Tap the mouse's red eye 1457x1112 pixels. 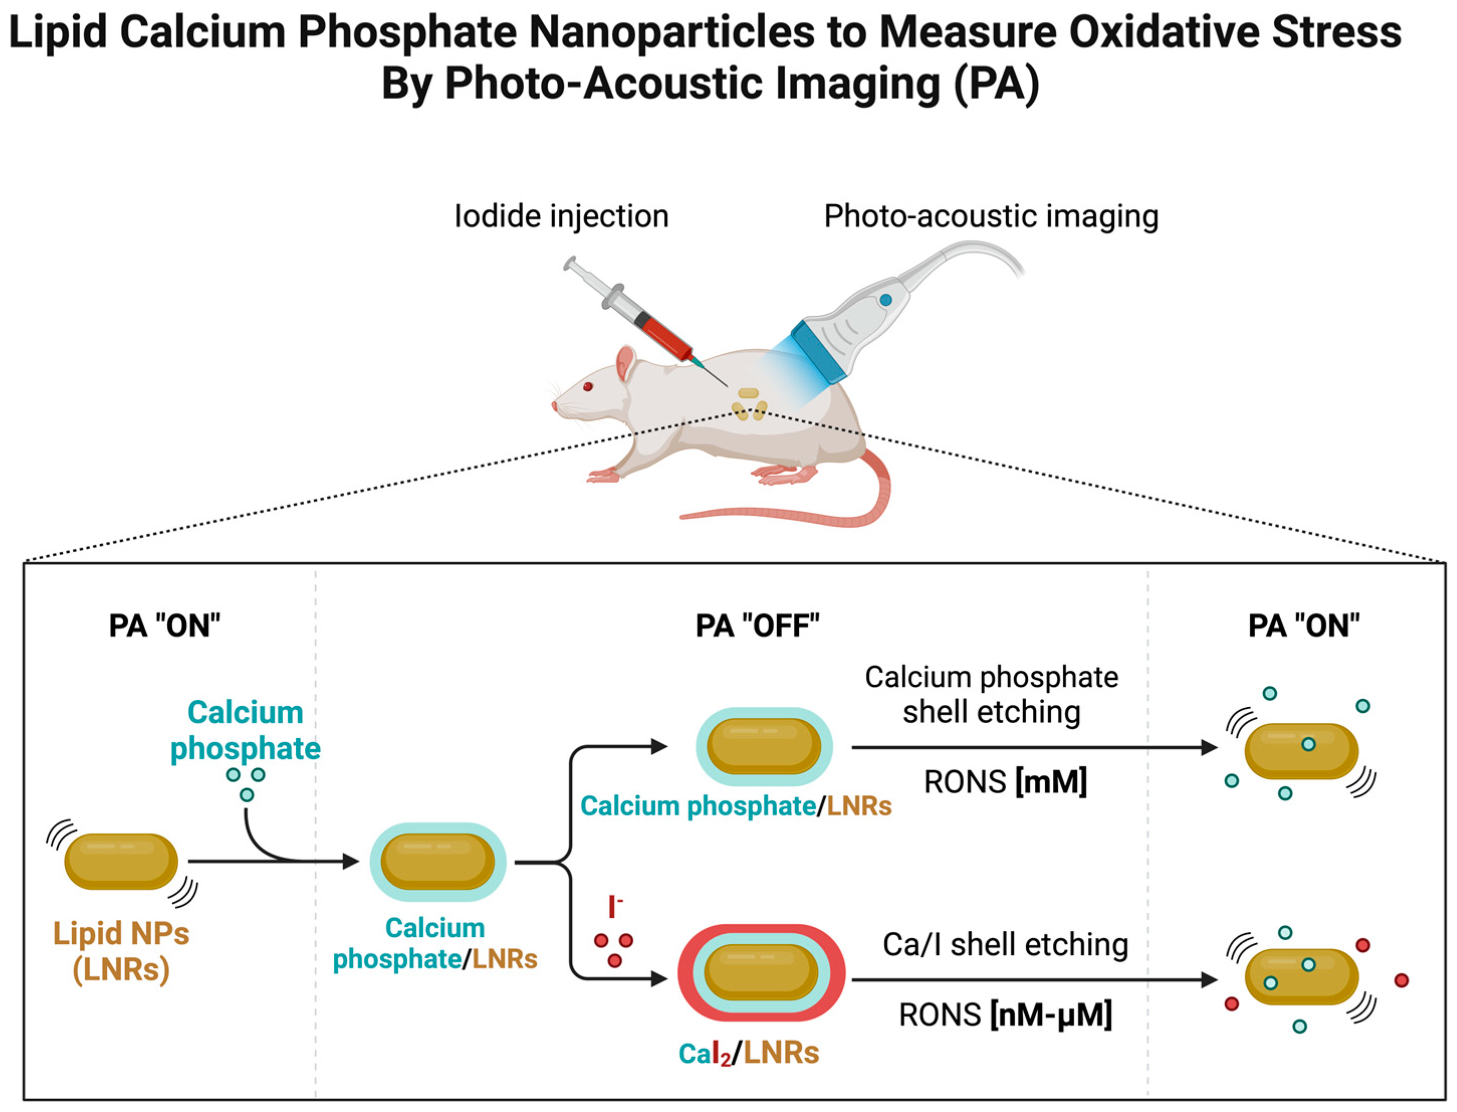586,387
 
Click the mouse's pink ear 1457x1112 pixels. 625,364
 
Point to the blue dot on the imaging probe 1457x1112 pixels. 885,300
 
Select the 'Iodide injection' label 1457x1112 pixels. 561,216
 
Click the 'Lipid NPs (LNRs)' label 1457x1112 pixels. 121,951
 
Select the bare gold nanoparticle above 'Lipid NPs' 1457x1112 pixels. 121,861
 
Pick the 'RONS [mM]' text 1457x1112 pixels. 1005,782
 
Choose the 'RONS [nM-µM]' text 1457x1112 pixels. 1005,1015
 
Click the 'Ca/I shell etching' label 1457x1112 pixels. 1005,944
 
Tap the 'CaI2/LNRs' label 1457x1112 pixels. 749,1053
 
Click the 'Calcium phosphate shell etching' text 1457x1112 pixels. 991,694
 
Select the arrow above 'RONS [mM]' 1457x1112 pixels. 1033,748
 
